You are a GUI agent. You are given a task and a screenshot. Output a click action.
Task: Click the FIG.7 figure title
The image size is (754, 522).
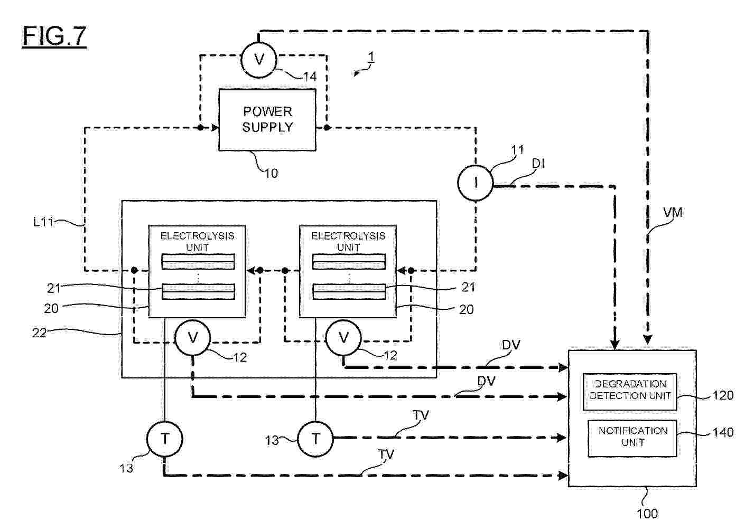pyautogui.click(x=54, y=36)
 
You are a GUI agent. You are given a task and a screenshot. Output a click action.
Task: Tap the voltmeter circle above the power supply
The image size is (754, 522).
pyautogui.click(x=259, y=60)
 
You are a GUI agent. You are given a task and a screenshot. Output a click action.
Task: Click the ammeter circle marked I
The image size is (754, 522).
pyautogui.click(x=476, y=183)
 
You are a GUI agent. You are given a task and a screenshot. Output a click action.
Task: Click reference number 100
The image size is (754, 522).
pyautogui.click(x=647, y=513)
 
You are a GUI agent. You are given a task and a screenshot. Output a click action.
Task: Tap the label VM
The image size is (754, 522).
pyautogui.click(x=673, y=212)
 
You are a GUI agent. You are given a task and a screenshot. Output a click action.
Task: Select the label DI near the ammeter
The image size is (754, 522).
pyautogui.click(x=538, y=164)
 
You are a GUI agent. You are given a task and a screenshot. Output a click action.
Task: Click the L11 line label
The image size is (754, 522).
pyautogui.click(x=43, y=222)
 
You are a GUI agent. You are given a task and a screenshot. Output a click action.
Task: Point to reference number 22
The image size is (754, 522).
pyautogui.click(x=39, y=333)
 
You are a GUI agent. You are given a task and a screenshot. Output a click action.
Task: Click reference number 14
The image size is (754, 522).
pyautogui.click(x=310, y=77)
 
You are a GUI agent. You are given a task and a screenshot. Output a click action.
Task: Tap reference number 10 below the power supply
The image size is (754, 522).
pyautogui.click(x=271, y=173)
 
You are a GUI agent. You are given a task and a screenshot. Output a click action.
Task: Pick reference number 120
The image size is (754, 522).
pyautogui.click(x=723, y=395)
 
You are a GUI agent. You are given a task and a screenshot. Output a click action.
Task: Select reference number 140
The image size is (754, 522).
pyautogui.click(x=723, y=432)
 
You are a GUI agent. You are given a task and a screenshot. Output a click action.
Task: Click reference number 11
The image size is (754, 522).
pyautogui.click(x=517, y=150)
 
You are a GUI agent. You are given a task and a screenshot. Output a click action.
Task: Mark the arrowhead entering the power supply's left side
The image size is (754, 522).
pyautogui.click(x=215, y=128)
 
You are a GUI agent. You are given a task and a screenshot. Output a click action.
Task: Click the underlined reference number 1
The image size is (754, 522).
pyautogui.click(x=371, y=56)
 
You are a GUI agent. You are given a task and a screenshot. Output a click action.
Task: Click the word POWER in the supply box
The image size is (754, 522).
pyautogui.click(x=267, y=112)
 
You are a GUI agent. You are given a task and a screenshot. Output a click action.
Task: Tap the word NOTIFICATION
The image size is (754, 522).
pyautogui.click(x=633, y=431)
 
